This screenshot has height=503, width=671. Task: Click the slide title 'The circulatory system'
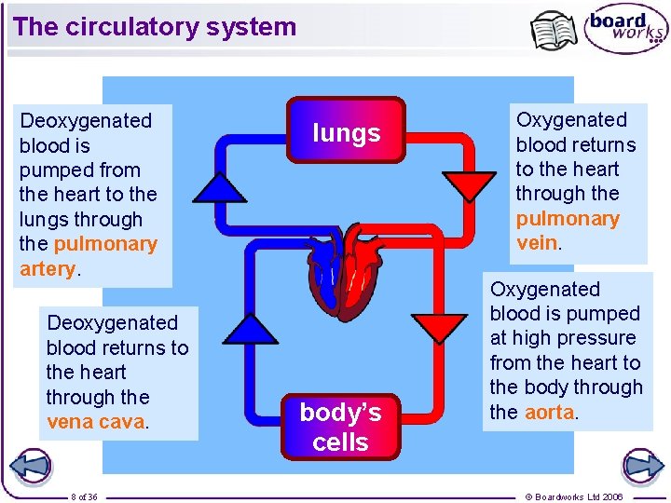click(155, 27)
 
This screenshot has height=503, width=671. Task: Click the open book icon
click(554, 32)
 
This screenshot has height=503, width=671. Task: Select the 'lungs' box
click(347, 132)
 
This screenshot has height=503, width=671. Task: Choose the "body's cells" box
click(340, 427)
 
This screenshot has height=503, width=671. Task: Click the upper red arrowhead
click(469, 184)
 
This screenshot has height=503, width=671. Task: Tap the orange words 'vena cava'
click(96, 421)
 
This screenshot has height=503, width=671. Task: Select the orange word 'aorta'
click(549, 412)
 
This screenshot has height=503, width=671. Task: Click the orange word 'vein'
click(537, 243)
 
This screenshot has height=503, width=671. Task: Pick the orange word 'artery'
click(47, 269)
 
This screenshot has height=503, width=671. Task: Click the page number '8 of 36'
click(84, 496)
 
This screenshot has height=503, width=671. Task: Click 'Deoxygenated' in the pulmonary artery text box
click(86, 120)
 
